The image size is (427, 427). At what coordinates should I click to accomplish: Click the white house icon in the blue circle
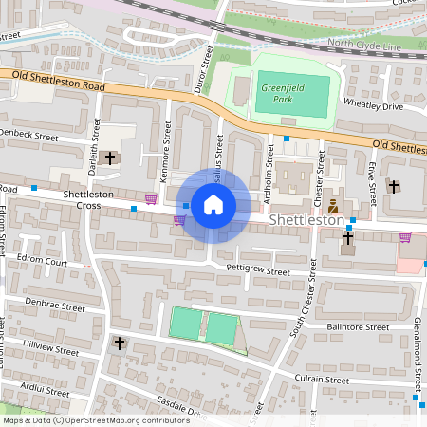point(213,205)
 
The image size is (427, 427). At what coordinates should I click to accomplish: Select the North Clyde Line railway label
point(366,43)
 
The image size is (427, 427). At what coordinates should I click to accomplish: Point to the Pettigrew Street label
point(257,271)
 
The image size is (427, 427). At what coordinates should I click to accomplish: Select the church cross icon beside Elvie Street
point(393,186)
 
